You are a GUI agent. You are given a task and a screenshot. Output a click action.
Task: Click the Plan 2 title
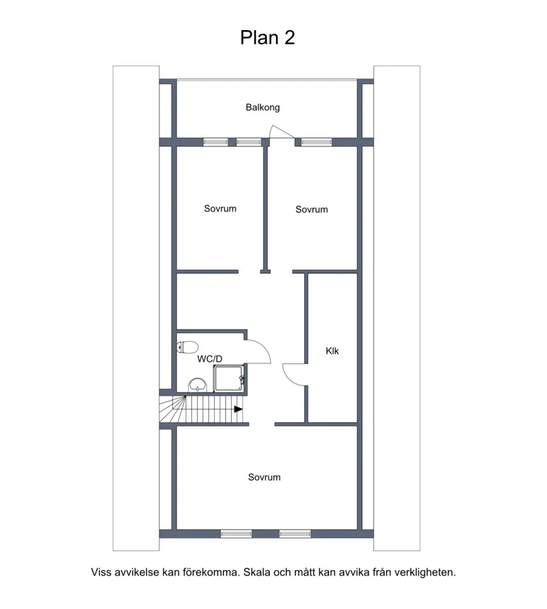pos(267,38)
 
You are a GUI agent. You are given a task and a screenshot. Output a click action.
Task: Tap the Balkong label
pos(263,107)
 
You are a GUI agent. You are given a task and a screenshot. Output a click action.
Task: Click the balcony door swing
pos(282,131)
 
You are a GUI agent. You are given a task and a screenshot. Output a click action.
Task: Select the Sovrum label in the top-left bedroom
pos(220,208)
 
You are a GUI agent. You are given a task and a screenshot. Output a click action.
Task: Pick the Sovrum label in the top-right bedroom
pos(312,209)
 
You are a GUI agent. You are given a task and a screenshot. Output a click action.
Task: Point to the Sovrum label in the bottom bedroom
pos(264,477)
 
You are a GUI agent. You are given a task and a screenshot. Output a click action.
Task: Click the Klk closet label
pos(332,351)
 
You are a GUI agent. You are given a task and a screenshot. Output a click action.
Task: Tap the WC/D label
pos(210,359)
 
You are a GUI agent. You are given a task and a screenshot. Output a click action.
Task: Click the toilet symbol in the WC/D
pos(187,347)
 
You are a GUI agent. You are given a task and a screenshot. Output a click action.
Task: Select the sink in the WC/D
pos(198,385)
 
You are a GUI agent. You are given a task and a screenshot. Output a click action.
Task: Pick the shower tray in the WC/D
pos(228,377)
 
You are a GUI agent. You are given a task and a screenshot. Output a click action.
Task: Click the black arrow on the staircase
pos(238,409)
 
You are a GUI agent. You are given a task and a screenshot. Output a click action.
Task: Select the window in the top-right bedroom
pos(317,142)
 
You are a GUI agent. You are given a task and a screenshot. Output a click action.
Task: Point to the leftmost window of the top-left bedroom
pos(215,142)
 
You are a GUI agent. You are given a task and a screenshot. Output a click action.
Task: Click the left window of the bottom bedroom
pos(236,534)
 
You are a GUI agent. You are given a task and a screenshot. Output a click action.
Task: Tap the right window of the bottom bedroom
pos(295,534)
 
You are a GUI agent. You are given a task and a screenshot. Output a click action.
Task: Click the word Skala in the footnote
pos(257,572)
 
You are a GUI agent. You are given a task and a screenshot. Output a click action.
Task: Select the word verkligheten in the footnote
pos(425,573)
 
